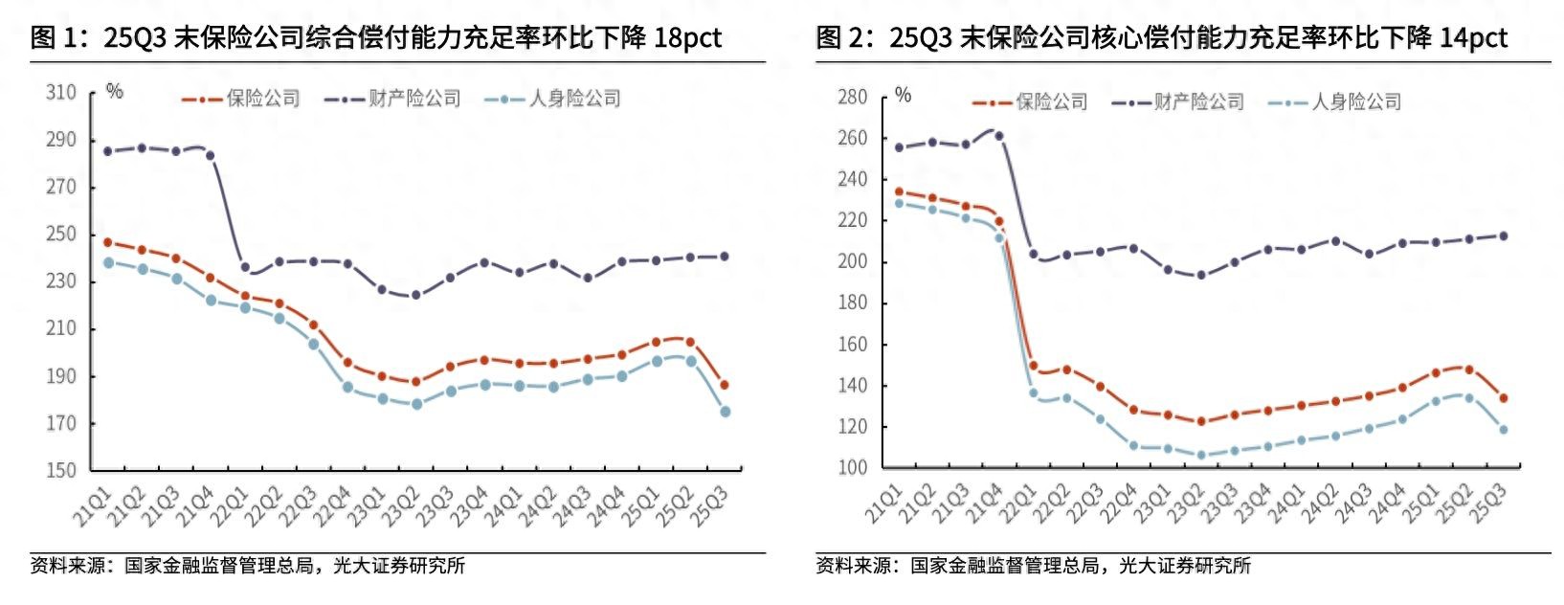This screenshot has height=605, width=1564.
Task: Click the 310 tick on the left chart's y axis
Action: pyautogui.click(x=60, y=93)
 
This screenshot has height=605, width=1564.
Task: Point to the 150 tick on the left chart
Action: pyautogui.click(x=60, y=470)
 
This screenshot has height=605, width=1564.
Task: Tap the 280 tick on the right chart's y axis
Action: pyautogui.click(x=852, y=98)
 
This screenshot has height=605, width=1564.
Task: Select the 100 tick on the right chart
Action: pyautogui.click(x=852, y=468)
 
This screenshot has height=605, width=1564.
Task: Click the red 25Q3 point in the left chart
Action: pyautogui.click(x=725, y=385)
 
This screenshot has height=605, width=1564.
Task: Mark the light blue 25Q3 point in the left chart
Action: pyautogui.click(x=725, y=412)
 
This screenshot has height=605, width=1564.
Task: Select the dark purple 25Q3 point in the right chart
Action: pyautogui.click(x=1503, y=235)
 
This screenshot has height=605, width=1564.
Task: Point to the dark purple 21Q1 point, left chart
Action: pyautogui.click(x=108, y=151)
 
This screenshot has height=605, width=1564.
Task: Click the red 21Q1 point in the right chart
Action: pyautogui.click(x=899, y=191)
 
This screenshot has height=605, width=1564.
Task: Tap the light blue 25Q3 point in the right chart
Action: pyautogui.click(x=1503, y=430)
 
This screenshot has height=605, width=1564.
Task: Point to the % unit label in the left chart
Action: pyautogui.click(x=115, y=92)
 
